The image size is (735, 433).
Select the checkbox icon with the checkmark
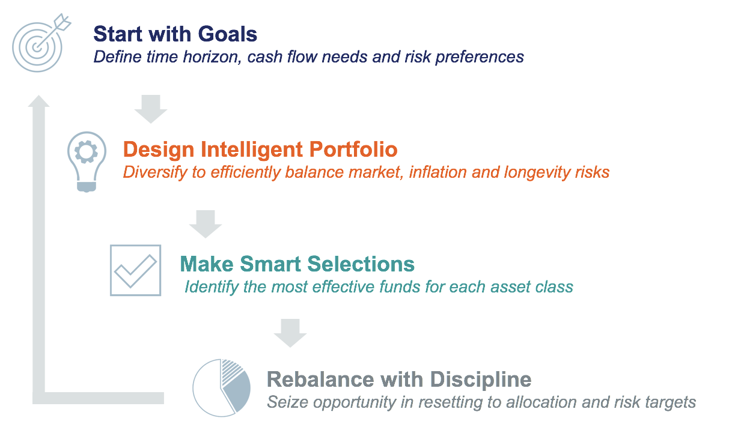pyautogui.click(x=135, y=270)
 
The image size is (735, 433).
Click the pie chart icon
pyautogui.click(x=222, y=388)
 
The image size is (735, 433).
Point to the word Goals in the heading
pyautogui.click(x=228, y=34)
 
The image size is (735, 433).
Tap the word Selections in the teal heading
pyautogui.click(x=361, y=264)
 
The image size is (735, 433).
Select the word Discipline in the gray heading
pyautogui.click(x=481, y=380)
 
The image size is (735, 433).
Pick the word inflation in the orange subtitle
pyautogui.click(x=438, y=172)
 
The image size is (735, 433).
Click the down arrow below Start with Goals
pyautogui.click(x=151, y=109)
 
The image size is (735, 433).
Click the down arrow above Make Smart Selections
pyautogui.click(x=206, y=224)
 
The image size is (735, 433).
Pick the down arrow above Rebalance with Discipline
pyautogui.click(x=290, y=333)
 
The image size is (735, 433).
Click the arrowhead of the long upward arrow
pyautogui.click(x=38, y=101)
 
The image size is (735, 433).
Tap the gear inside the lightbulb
pyautogui.click(x=87, y=152)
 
